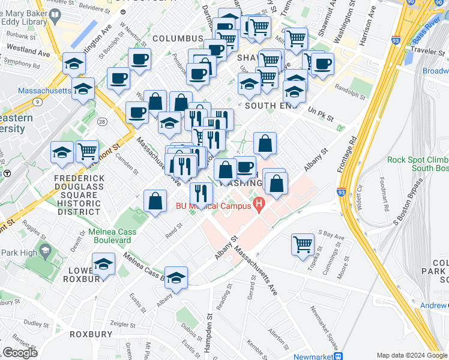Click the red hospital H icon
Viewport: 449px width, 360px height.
259,205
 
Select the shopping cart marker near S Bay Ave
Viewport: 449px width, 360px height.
303,244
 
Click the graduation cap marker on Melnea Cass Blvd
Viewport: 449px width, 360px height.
175,278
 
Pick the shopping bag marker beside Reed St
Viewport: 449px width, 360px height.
155,202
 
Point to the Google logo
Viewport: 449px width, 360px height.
20,353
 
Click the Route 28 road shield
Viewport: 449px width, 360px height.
103,122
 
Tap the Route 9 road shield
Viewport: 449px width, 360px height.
38,102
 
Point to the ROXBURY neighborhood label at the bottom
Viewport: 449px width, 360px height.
91,334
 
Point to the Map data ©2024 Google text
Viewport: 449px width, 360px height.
411,355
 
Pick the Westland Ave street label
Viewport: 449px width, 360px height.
29,53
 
